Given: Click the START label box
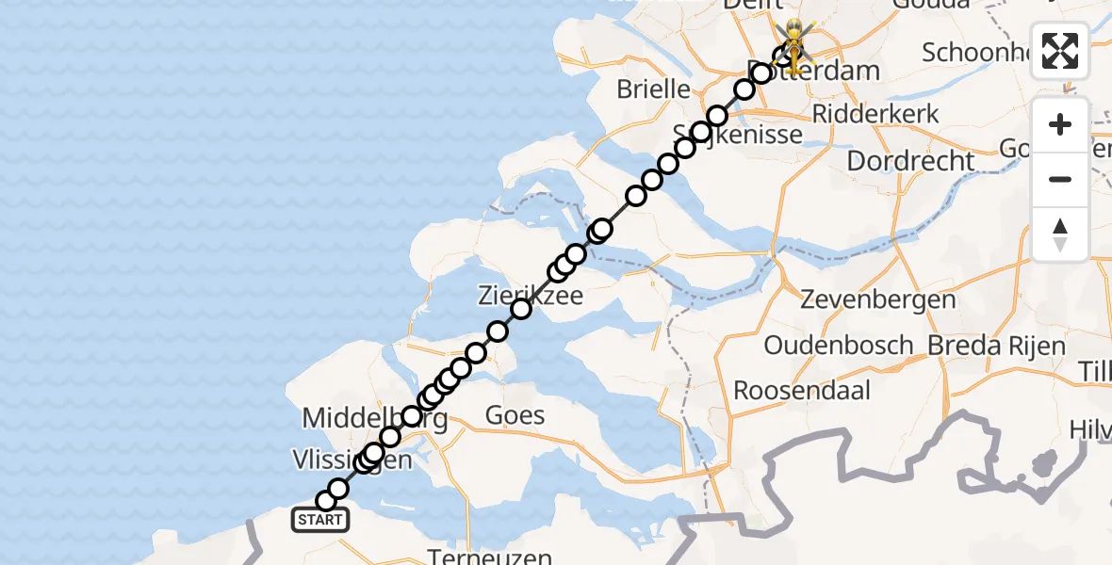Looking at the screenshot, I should (320, 520).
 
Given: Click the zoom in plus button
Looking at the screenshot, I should (1060, 124).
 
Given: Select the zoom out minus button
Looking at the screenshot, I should (1060, 179).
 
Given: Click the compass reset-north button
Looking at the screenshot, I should (1060, 234).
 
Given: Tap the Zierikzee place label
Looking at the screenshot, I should (529, 296).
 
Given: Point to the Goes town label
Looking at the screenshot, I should (514, 414).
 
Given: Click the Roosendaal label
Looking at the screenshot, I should (802, 390).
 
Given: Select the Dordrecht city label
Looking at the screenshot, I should (910, 160).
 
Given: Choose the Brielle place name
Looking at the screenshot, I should (654, 89).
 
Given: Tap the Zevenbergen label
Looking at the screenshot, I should (878, 300).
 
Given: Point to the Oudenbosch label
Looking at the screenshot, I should (839, 345).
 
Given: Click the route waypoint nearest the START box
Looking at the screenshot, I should (326, 501).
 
